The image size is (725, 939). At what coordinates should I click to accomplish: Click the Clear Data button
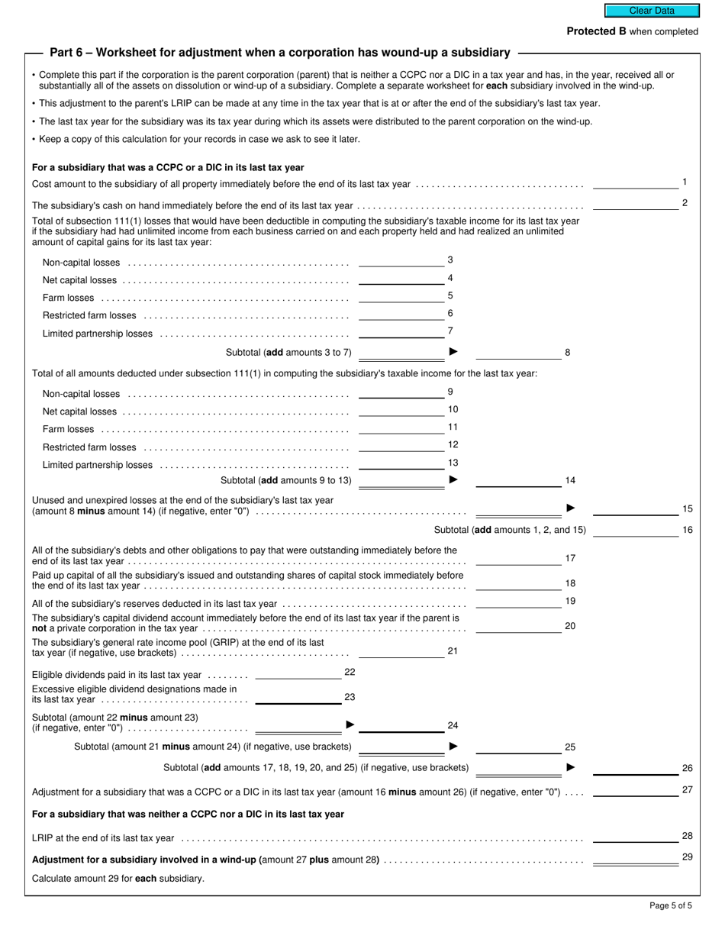pyautogui.click(x=652, y=11)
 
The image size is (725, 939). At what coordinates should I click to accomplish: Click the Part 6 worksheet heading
pyautogui.click(x=279, y=53)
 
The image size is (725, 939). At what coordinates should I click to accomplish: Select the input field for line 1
pyautogui.click(x=635, y=182)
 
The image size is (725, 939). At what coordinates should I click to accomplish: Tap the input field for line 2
pyautogui.click(x=635, y=204)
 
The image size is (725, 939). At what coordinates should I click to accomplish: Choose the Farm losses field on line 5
pyautogui.click(x=401, y=296)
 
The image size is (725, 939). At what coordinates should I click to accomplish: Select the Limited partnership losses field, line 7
pyautogui.click(x=401, y=332)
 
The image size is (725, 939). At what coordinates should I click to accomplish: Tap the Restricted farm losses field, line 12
pyautogui.click(x=401, y=446)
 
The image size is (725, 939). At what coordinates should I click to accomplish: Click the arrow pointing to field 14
pyautogui.click(x=454, y=480)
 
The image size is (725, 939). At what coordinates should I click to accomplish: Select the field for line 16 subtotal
pyautogui.click(x=635, y=529)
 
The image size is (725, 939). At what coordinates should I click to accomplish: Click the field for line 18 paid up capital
pyautogui.click(x=518, y=584)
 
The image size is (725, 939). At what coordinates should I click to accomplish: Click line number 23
pyautogui.click(x=350, y=697)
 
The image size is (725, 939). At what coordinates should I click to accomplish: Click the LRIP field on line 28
pyautogui.click(x=635, y=837)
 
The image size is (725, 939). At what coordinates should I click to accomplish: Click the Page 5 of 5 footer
pyautogui.click(x=671, y=906)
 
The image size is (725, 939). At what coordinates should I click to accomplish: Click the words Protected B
pyautogui.click(x=591, y=31)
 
